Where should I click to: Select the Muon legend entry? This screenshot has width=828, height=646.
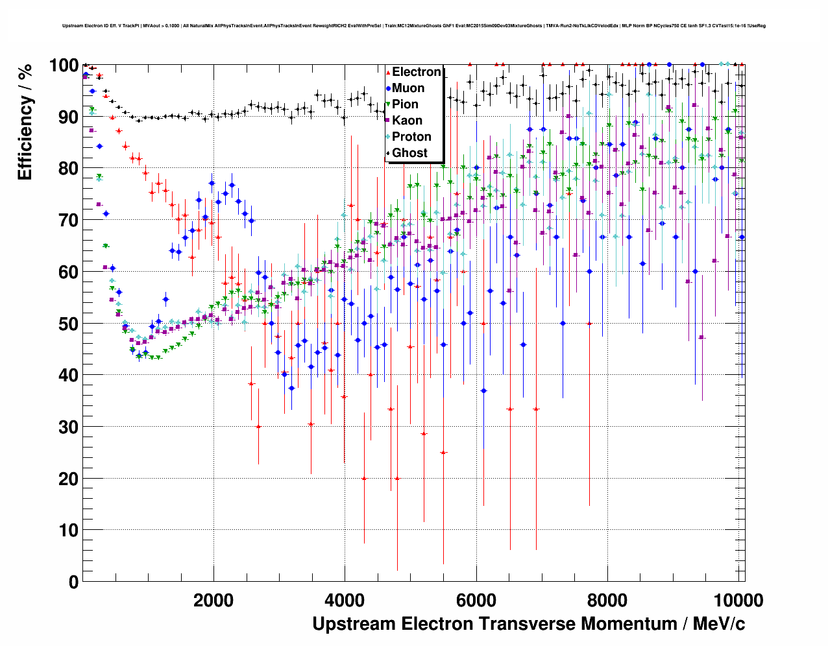tap(408, 88)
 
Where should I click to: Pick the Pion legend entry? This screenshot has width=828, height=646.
tap(405, 104)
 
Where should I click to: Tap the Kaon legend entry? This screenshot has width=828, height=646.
tap(407, 121)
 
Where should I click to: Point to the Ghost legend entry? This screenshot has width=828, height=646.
tap(409, 153)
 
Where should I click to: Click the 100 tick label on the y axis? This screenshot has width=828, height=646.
tap(64, 66)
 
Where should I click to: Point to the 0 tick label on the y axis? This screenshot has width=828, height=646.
tap(73, 582)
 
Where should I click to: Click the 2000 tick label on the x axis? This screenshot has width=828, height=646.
tap(213, 600)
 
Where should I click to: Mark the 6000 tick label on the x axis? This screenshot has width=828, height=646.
tap(476, 600)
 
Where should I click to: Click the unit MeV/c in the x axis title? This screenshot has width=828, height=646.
tap(719, 624)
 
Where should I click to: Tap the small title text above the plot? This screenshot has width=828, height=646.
tap(414, 26)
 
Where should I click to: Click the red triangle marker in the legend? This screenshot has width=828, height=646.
tap(388, 72)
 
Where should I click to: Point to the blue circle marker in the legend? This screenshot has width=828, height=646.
tap(388, 88)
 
